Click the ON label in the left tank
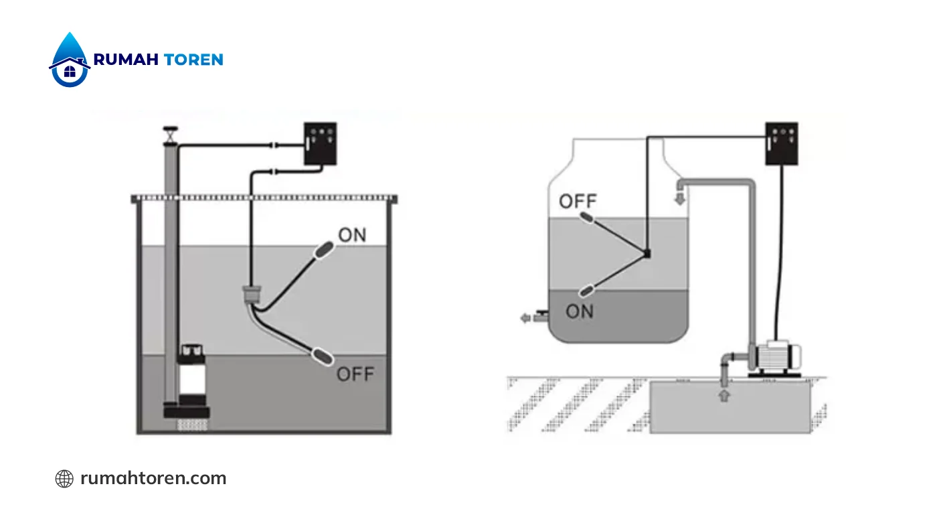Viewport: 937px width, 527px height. point(352,235)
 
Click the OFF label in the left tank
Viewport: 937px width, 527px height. point(355,374)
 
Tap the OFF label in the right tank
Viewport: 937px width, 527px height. point(578,202)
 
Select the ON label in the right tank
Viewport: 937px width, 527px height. point(580,311)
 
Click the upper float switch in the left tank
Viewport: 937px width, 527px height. point(324,250)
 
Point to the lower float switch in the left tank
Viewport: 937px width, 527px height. point(323,356)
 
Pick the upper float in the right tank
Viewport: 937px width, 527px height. point(586,218)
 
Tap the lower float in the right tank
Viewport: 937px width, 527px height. point(586,291)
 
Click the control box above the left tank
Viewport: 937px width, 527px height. point(320,143)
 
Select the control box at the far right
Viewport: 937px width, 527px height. point(782,143)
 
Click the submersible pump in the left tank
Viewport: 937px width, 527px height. point(192,381)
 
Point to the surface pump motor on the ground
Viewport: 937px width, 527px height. point(775,358)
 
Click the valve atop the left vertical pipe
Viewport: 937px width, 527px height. point(170,135)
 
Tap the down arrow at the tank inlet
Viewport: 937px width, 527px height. point(680,198)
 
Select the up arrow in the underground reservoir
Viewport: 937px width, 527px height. point(724,396)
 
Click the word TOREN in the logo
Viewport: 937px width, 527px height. point(193,60)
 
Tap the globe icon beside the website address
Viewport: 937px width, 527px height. point(64,478)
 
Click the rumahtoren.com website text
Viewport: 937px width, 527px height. point(153,478)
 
